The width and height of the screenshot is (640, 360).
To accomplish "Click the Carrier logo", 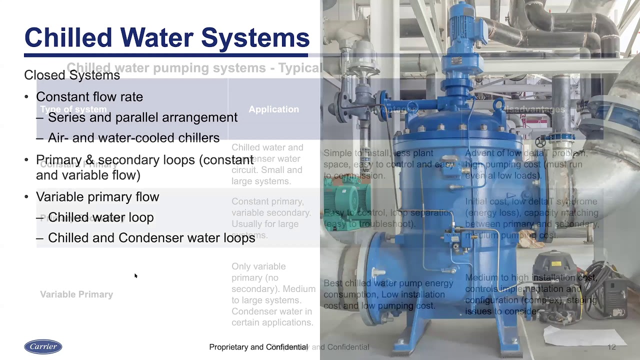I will pos(43,346).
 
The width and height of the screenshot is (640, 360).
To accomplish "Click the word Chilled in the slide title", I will pos(68,37).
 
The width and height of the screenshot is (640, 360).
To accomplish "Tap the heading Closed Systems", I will pos(72,75).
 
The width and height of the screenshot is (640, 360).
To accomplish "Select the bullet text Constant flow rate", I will pos(89,96).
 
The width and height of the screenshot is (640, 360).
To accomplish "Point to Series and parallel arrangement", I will pos(142,117).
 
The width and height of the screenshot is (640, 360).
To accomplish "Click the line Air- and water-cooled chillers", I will pos(133,137).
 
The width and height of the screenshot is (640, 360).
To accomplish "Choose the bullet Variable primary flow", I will pos(97,196).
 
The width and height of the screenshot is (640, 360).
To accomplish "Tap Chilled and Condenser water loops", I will pos(151,237).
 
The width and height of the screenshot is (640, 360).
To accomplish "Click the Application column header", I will pos(273,109).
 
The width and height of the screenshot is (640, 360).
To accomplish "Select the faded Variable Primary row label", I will pos(76,294).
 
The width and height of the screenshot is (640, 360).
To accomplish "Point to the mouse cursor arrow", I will pos(135,275).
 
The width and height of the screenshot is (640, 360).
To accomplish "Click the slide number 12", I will pos(611,347).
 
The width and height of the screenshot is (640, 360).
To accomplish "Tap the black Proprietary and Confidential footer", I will pos(258,347).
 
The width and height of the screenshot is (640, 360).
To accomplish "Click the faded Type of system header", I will pos(73,109).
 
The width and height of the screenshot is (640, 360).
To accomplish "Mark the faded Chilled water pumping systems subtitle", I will pos(194,67).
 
